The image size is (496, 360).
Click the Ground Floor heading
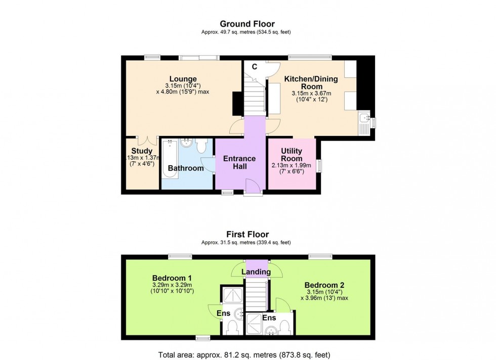pyautogui.click(x=247, y=24)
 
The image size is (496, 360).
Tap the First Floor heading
pyautogui.click(x=247, y=235)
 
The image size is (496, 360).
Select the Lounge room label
pyautogui.click(x=183, y=78)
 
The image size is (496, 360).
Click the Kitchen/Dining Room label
pyautogui.click(x=311, y=83)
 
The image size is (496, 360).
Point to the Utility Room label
pyautogui.click(x=292, y=155)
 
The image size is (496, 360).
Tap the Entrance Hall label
pyautogui.click(x=239, y=162)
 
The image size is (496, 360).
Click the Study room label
pyautogui.click(x=142, y=151)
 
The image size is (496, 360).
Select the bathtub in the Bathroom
pyautogui.click(x=169, y=160)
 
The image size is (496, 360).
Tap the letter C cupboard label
pyautogui.click(x=255, y=66)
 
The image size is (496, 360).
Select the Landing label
pyautogui.click(x=256, y=272)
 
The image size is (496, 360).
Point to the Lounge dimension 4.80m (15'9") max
pyautogui.click(x=183, y=92)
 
